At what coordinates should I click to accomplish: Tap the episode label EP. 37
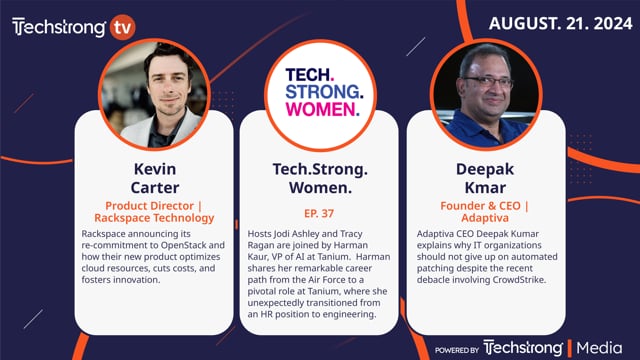tap(320, 212)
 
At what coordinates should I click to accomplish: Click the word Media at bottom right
tap(601, 347)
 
